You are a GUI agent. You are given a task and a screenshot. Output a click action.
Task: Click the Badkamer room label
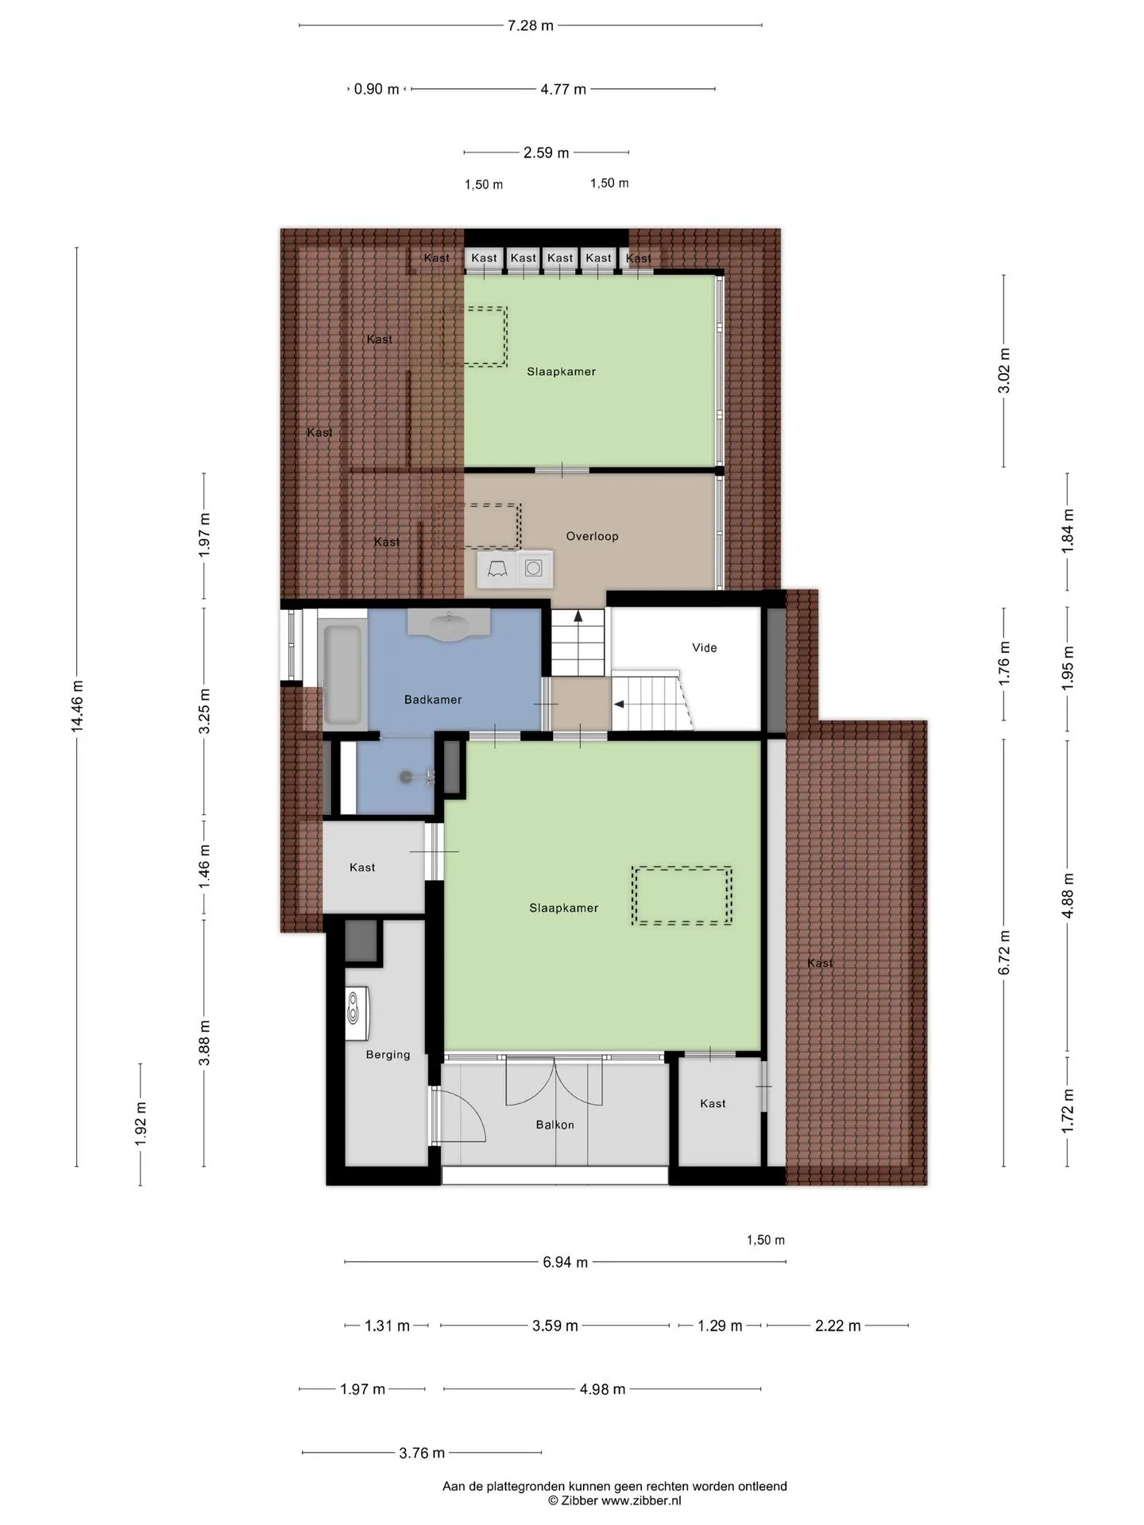point(432,700)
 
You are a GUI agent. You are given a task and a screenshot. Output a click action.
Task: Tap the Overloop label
point(592,536)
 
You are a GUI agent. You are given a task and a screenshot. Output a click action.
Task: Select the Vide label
point(704,648)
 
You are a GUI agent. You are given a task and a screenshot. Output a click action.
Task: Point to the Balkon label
point(555,1125)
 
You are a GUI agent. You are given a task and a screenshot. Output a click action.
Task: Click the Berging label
point(388,1055)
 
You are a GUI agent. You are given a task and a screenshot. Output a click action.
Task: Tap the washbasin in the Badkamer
point(448,624)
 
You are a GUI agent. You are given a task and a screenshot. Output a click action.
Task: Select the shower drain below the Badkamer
point(407,777)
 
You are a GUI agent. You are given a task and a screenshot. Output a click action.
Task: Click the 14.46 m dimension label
point(76,706)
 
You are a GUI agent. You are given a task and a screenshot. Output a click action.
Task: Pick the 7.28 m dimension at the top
point(531,25)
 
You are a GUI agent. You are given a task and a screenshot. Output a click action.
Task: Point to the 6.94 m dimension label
point(566,1262)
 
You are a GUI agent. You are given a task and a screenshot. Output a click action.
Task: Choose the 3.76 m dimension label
point(422,1453)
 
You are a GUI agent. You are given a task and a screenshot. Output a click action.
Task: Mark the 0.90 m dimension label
point(377,89)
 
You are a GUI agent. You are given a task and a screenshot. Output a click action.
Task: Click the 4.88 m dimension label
point(1068,895)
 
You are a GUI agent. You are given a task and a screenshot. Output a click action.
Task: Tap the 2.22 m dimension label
point(838,1326)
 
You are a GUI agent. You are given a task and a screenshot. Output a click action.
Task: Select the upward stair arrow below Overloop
point(578,615)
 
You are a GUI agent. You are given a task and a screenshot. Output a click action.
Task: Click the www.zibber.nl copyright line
point(614,1501)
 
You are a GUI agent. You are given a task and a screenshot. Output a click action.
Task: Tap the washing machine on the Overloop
point(534,569)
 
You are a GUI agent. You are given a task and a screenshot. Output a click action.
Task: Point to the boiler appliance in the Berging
point(357,1013)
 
